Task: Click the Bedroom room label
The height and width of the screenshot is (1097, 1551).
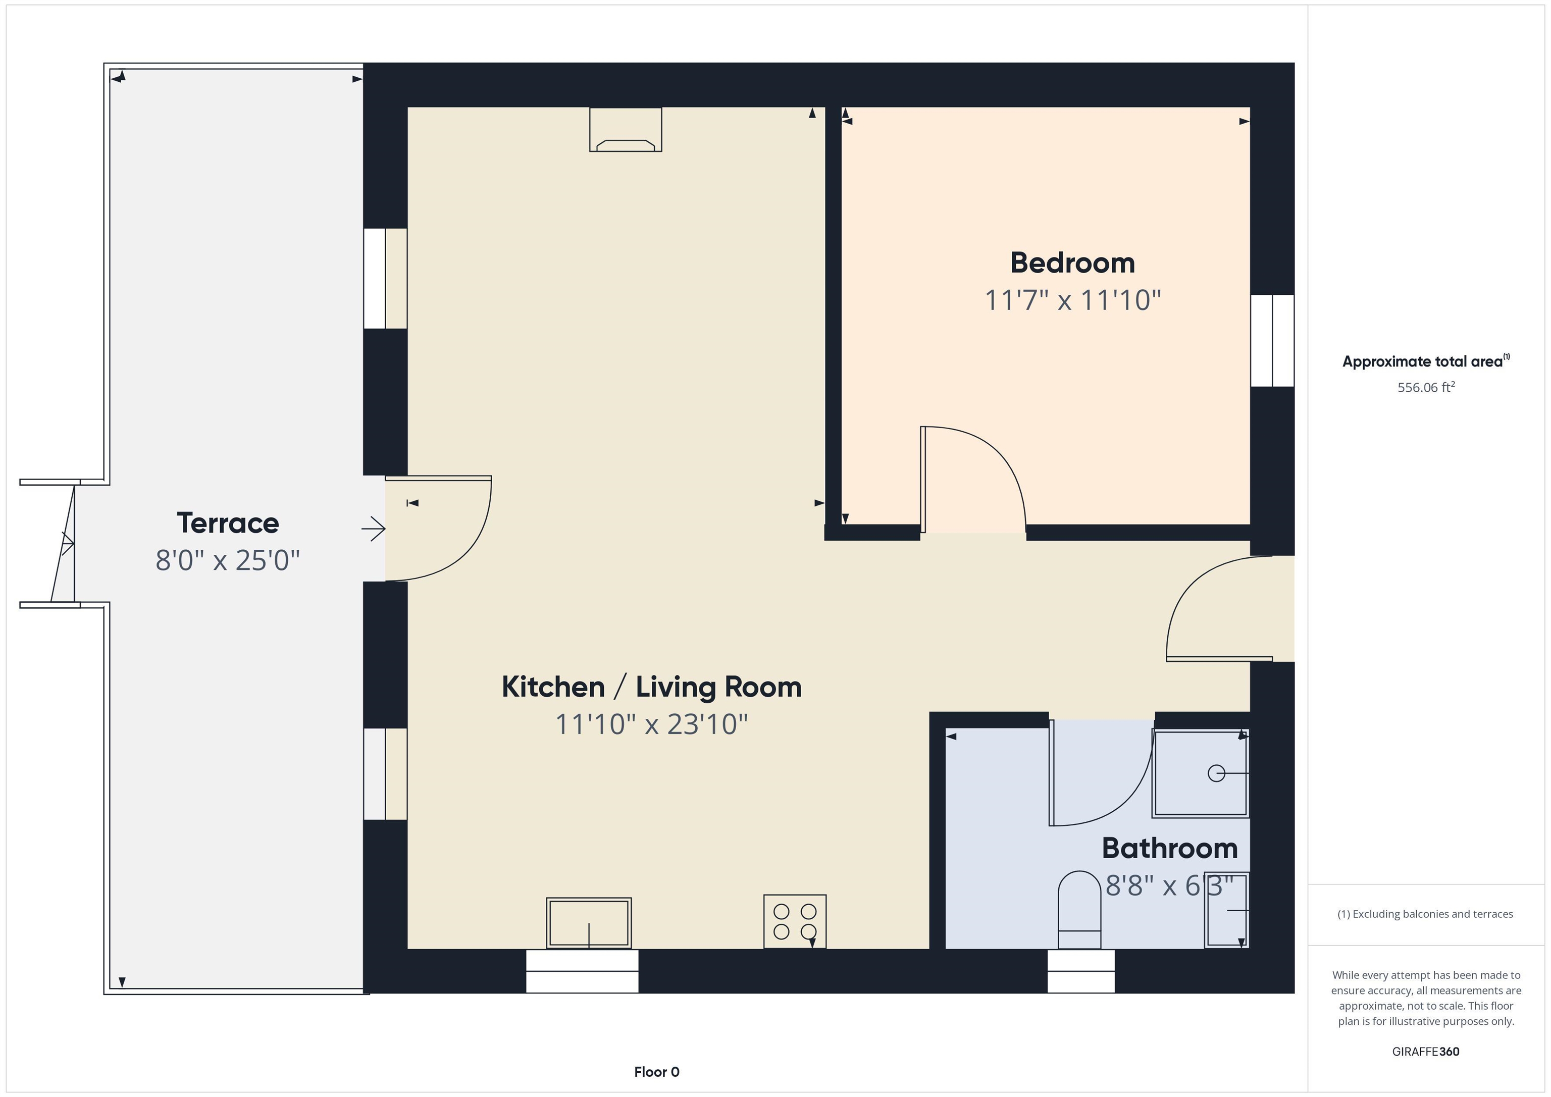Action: pyautogui.click(x=1072, y=263)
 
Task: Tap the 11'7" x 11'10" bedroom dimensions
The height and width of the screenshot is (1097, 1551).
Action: pyautogui.click(x=1072, y=300)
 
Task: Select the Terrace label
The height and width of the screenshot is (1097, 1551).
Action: pyautogui.click(x=228, y=523)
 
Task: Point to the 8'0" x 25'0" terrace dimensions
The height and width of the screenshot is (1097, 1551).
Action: pyautogui.click(x=228, y=560)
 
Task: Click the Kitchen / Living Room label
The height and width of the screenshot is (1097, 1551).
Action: pyautogui.click(x=651, y=687)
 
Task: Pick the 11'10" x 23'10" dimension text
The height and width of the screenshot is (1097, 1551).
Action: pyautogui.click(x=651, y=724)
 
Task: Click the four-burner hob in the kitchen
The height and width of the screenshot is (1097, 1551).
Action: pyautogui.click(x=794, y=921)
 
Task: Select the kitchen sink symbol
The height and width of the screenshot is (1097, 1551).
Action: pyautogui.click(x=588, y=923)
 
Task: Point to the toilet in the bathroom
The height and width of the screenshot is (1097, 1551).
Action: pyautogui.click(x=1079, y=910)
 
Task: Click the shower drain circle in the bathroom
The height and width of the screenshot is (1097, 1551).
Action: pyautogui.click(x=1216, y=773)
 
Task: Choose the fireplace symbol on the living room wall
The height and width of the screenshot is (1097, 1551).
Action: pyautogui.click(x=626, y=130)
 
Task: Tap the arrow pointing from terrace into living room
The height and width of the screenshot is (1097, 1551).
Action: pyautogui.click(x=374, y=528)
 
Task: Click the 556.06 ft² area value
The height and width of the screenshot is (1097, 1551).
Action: pyautogui.click(x=1426, y=387)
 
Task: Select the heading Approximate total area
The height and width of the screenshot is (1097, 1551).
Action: pyautogui.click(x=1425, y=361)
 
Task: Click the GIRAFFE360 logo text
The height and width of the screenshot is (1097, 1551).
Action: pyautogui.click(x=1425, y=1051)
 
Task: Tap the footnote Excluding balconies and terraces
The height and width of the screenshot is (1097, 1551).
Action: pyautogui.click(x=1425, y=914)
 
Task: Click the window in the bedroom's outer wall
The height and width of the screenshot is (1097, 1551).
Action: pyautogui.click(x=1272, y=340)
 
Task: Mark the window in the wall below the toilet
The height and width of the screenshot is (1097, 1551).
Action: pyautogui.click(x=1081, y=971)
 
